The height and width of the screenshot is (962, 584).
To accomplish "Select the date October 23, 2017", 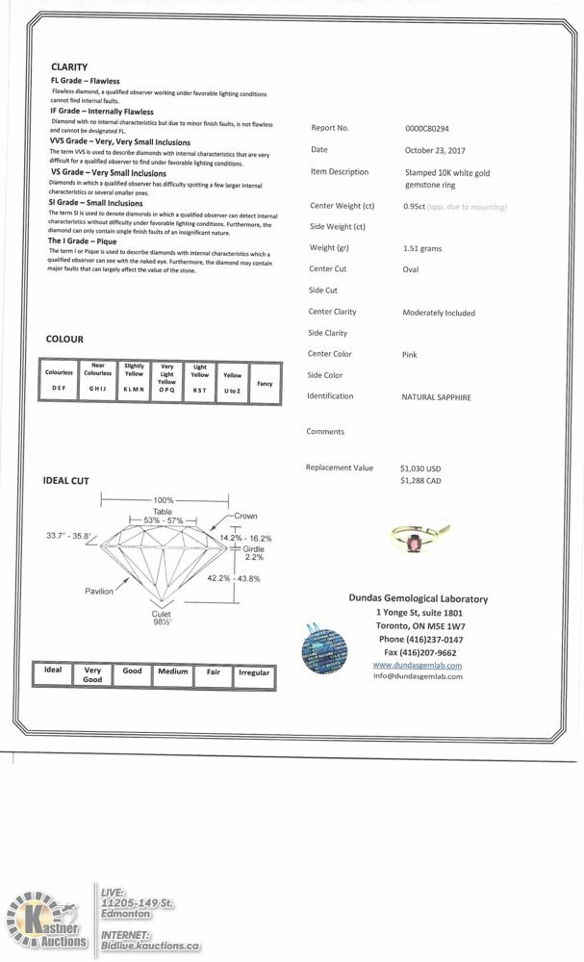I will pyautogui.click(x=435, y=150).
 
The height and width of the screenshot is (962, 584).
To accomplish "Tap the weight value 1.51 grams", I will pyautogui.click(x=422, y=248).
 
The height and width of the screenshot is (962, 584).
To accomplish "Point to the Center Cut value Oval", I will pyautogui.click(x=411, y=269).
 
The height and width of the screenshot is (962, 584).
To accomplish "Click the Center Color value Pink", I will pyautogui.click(x=410, y=355).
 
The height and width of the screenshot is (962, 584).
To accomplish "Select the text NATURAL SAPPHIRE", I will pyautogui.click(x=437, y=396).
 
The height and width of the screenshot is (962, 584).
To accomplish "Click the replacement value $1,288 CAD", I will pyautogui.click(x=420, y=480).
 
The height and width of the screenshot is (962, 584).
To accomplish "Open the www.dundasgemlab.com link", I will pyautogui.click(x=417, y=665).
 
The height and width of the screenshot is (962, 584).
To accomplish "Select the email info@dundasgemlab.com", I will pyautogui.click(x=417, y=676).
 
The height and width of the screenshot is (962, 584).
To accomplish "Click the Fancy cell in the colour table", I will pyautogui.click(x=265, y=384).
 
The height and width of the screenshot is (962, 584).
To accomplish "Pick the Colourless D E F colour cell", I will pyautogui.click(x=59, y=381).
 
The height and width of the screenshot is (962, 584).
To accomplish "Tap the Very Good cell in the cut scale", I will pyautogui.click(x=92, y=674).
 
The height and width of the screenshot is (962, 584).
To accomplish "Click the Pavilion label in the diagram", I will pyautogui.click(x=99, y=591).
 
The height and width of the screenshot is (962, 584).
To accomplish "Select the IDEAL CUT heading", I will pyautogui.click(x=66, y=481).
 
